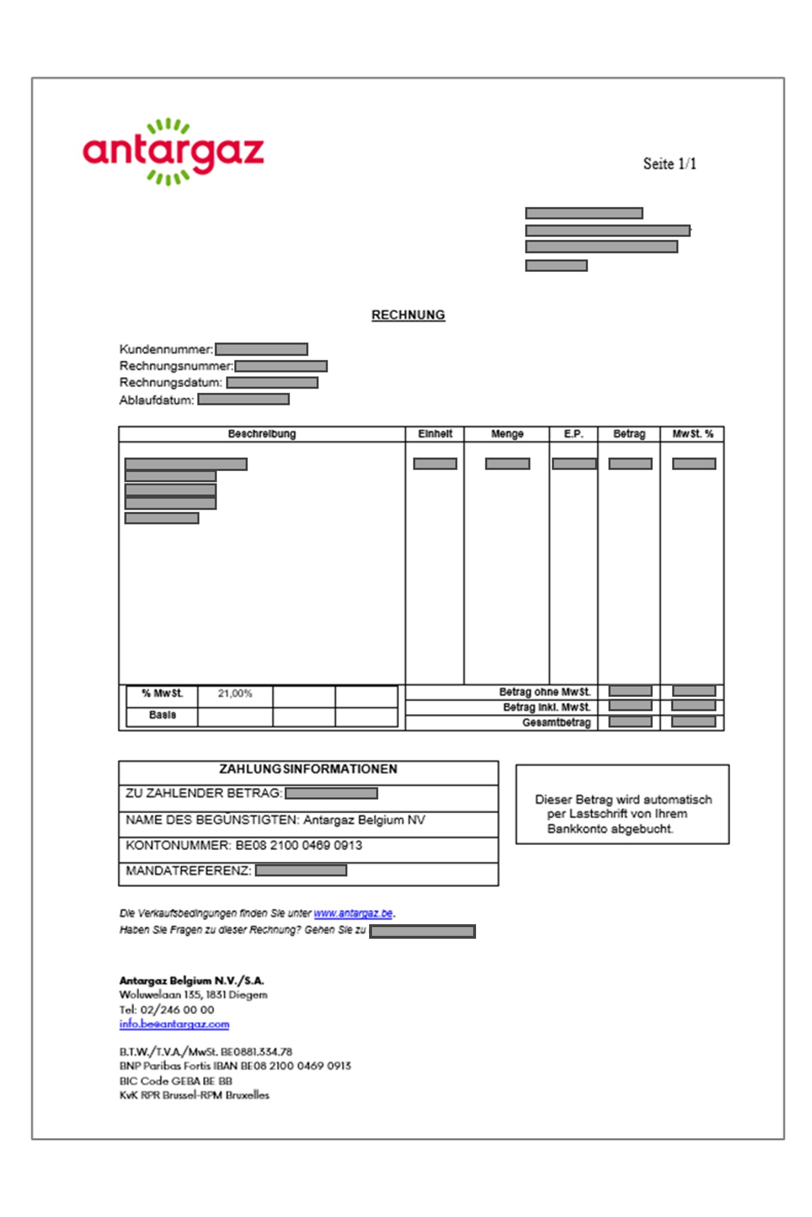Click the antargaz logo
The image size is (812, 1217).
click(x=173, y=152)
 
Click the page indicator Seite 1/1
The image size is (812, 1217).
click(x=669, y=164)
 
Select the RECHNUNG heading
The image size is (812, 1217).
click(x=408, y=315)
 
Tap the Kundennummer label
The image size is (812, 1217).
click(x=166, y=349)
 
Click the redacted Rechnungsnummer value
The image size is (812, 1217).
click(x=281, y=366)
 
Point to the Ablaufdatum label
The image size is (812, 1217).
click(x=156, y=400)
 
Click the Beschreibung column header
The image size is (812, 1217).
click(x=262, y=434)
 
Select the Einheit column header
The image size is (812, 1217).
click(x=435, y=434)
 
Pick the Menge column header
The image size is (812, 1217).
click(x=507, y=434)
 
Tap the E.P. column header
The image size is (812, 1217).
click(x=573, y=434)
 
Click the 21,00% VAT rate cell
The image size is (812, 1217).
click(x=235, y=694)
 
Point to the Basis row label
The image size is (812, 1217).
click(x=162, y=715)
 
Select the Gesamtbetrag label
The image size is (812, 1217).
click(x=556, y=723)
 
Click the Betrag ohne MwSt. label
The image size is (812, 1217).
click(x=545, y=692)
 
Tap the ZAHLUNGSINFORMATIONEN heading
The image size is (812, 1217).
click(x=308, y=769)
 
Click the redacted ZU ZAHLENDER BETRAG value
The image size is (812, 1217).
click(x=331, y=794)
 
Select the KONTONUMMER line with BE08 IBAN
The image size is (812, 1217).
click(x=244, y=845)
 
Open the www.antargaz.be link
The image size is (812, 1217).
click(x=353, y=913)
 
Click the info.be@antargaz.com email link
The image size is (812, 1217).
click(x=174, y=1024)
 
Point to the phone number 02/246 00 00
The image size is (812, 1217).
click(x=177, y=1010)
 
